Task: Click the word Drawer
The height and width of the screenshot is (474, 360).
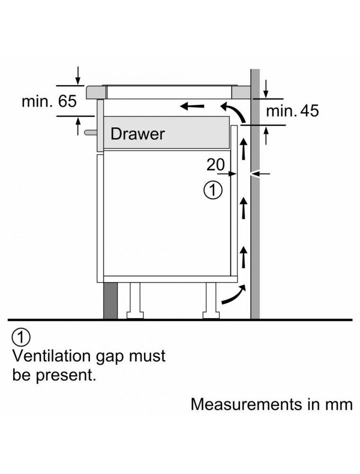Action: pyautogui.click(x=137, y=134)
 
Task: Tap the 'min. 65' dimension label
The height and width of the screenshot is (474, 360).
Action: pyautogui.click(x=49, y=101)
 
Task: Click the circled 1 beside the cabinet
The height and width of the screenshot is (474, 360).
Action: pyautogui.click(x=213, y=191)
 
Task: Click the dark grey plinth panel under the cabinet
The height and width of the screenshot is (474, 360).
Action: pyautogui.click(x=110, y=301)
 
